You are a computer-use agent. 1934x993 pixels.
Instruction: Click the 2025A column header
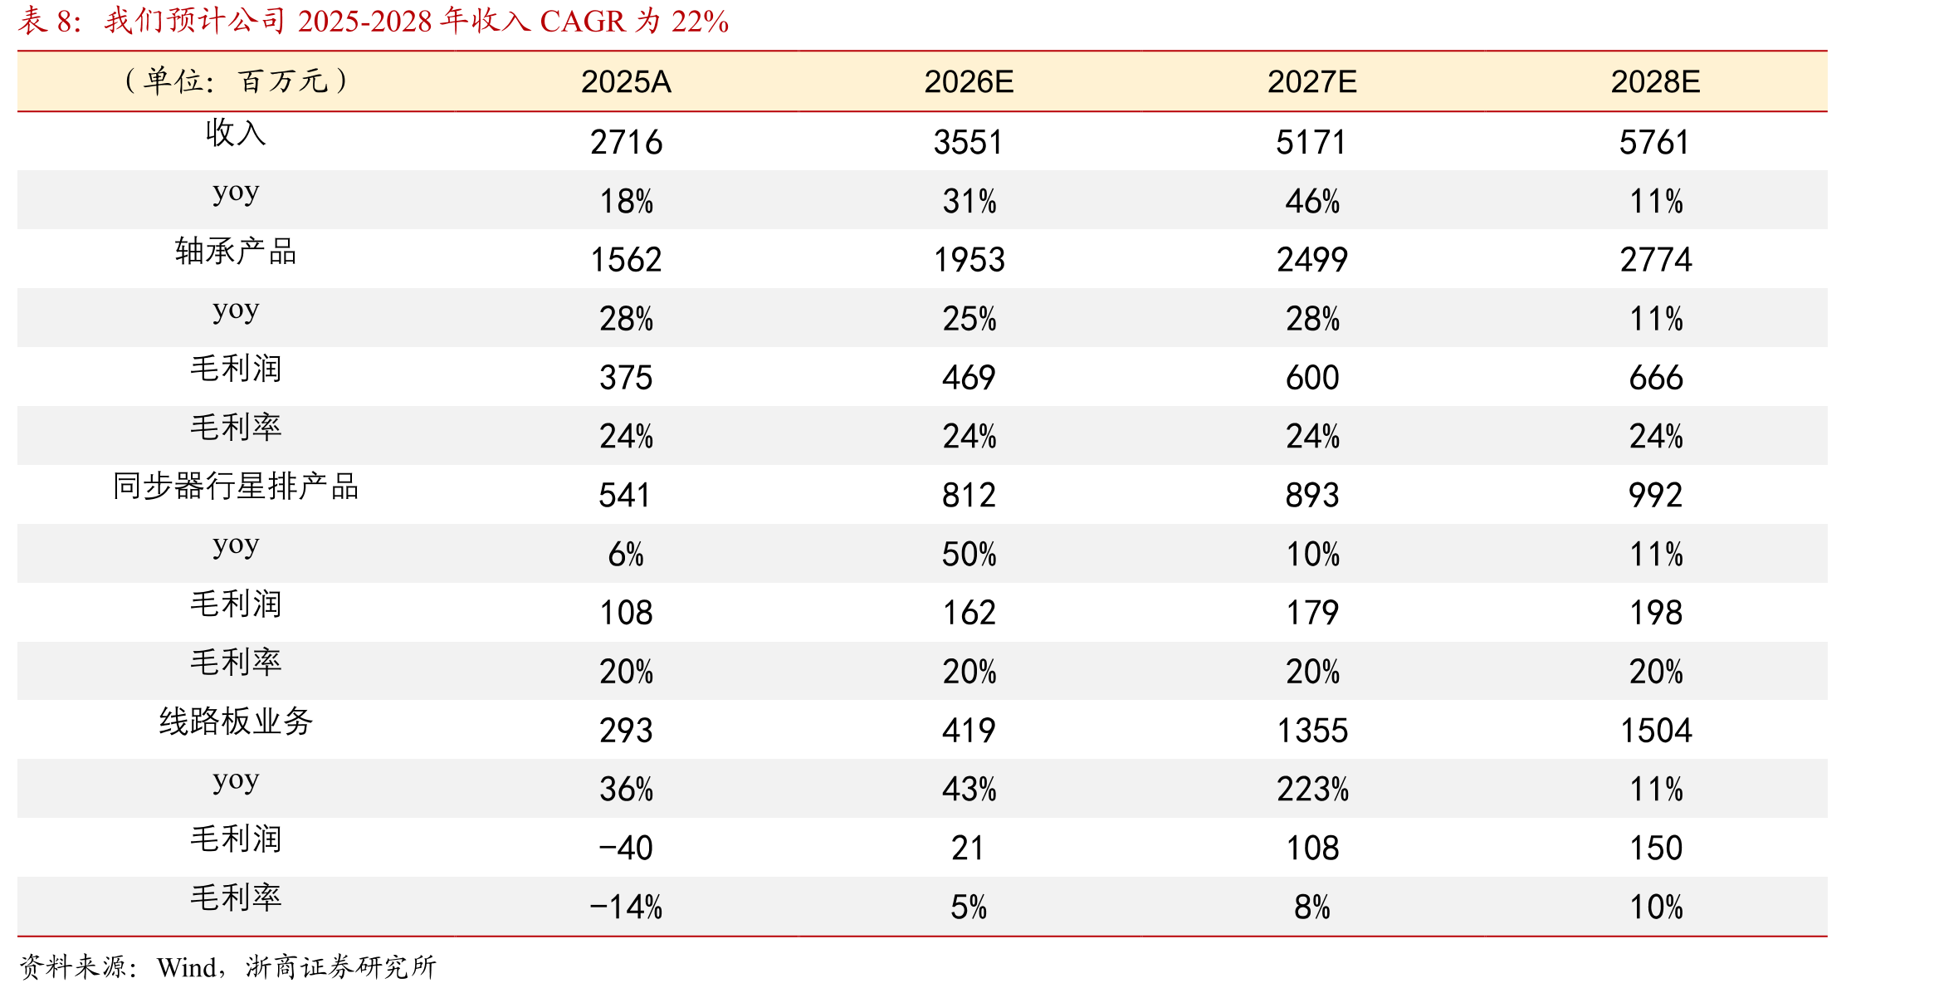click(626, 81)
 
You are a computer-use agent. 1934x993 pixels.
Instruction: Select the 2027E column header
click(1312, 81)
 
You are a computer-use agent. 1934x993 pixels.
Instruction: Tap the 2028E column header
click(1656, 81)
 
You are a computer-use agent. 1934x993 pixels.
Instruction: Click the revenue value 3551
click(969, 142)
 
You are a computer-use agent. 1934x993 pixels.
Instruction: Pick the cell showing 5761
click(1655, 142)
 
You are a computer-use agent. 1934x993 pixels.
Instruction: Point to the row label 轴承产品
click(236, 251)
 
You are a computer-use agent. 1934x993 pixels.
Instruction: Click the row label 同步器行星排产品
click(236, 486)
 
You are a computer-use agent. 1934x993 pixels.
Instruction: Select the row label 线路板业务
click(236, 721)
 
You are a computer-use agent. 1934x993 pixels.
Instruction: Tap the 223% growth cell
click(1312, 789)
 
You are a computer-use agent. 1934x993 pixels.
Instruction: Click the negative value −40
click(626, 848)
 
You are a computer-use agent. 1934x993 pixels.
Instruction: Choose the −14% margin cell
click(626, 907)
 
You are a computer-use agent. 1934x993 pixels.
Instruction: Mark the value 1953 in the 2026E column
click(969, 260)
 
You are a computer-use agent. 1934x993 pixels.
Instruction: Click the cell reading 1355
click(1312, 731)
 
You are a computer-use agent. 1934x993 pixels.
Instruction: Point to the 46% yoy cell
click(1312, 201)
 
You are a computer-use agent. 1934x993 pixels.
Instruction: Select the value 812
click(969, 495)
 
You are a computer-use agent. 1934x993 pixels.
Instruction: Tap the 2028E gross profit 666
click(1656, 378)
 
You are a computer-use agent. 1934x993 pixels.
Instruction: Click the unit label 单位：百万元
click(236, 81)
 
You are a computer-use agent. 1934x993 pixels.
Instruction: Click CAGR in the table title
click(583, 21)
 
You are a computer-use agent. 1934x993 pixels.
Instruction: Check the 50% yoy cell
click(969, 554)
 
